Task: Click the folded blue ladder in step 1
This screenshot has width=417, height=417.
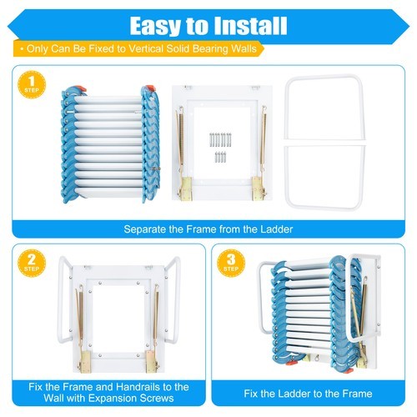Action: point(108,146)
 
